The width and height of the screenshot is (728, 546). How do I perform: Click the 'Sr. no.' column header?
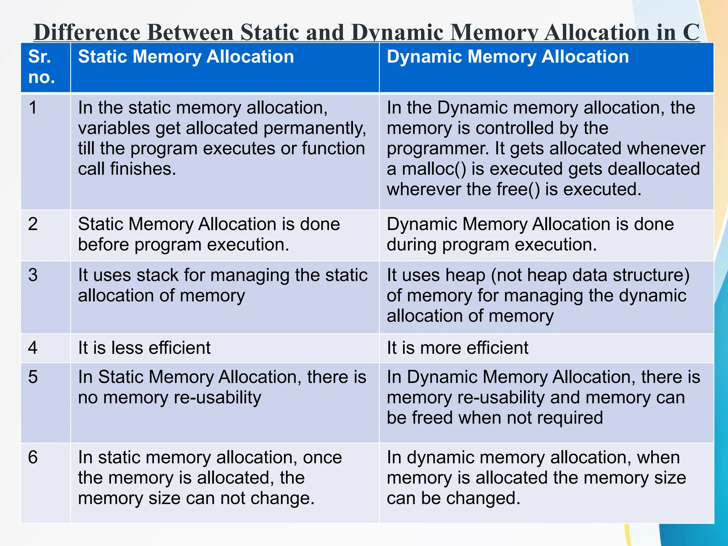point(42,67)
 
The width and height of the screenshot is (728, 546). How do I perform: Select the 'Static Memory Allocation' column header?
point(186,57)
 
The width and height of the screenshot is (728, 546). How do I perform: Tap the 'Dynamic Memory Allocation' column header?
point(508,57)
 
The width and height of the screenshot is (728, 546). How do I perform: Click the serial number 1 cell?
point(33,108)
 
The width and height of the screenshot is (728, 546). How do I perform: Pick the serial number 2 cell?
point(33,224)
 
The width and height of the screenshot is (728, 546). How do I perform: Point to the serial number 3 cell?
point(33,275)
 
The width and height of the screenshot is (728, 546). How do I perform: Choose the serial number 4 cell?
point(33,348)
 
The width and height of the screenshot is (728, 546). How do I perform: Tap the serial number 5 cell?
point(33,377)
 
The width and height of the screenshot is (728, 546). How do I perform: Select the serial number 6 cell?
point(33,457)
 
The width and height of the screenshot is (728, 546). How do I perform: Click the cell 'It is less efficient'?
point(144,348)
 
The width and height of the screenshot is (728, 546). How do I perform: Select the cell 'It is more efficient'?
point(457,348)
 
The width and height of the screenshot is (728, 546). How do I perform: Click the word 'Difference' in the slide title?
point(87,32)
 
